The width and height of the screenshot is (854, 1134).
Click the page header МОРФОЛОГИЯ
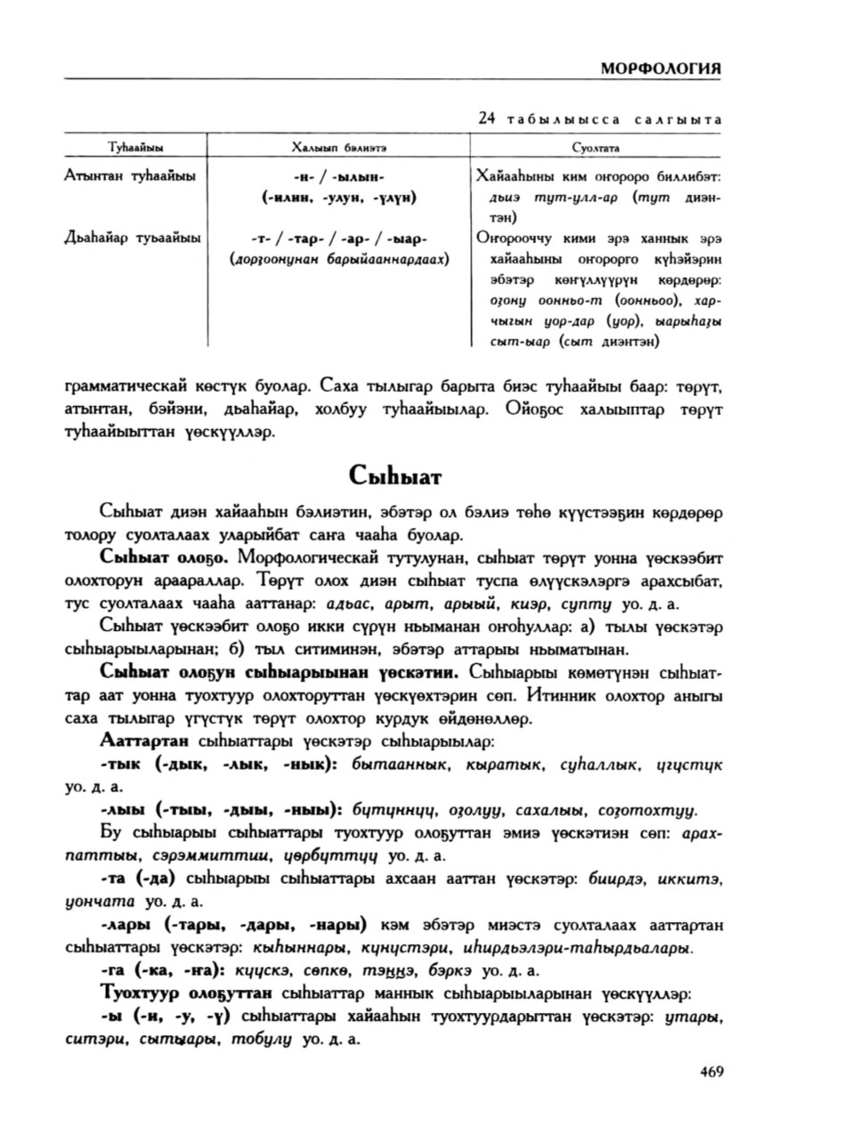pos(659,69)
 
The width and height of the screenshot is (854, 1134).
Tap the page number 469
pos(711,1072)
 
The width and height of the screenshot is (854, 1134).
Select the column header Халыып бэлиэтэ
pos(338,147)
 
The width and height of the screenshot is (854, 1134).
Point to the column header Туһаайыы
pos(134,147)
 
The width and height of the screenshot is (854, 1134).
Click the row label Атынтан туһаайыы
pos(130,175)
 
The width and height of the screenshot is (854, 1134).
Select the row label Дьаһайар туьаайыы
pos(133,238)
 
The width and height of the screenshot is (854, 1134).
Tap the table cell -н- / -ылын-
pos(338,176)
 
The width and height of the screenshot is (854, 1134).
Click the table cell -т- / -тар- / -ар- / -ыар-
pos(338,239)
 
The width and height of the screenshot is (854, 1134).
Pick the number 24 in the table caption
pos(485,118)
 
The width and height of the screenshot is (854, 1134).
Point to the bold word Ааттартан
pos(144,741)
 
